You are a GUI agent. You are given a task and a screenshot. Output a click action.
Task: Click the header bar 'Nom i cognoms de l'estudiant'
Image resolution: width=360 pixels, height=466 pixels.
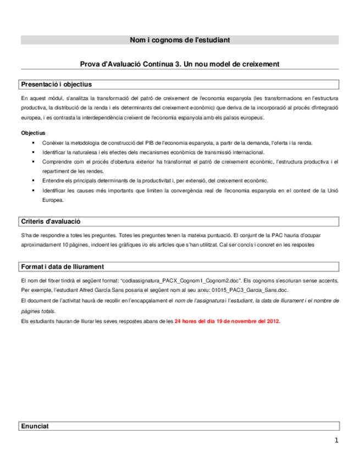pyautogui.click(x=180, y=40)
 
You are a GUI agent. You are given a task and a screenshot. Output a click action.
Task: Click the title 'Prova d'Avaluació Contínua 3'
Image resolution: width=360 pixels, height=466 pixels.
pyautogui.click(x=180, y=64)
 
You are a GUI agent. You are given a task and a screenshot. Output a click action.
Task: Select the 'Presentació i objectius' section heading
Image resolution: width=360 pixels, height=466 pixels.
pyautogui.click(x=56, y=85)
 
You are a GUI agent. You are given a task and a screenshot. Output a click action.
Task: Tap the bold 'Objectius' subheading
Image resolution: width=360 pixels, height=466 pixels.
pyautogui.click(x=33, y=133)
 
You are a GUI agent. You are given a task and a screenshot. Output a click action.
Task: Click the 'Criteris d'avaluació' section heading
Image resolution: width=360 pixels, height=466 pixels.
pyautogui.click(x=51, y=221)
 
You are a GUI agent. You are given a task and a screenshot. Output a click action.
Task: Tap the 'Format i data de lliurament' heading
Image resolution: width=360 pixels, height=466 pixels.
pyautogui.click(x=62, y=267)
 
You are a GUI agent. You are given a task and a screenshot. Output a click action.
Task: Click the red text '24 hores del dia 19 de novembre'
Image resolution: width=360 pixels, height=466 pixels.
pyautogui.click(x=227, y=321)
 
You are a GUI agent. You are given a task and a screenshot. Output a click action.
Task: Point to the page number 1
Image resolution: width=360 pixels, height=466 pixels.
pyautogui.click(x=336, y=440)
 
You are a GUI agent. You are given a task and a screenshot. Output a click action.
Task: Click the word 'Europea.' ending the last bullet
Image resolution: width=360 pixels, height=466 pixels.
pyautogui.click(x=52, y=200)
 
